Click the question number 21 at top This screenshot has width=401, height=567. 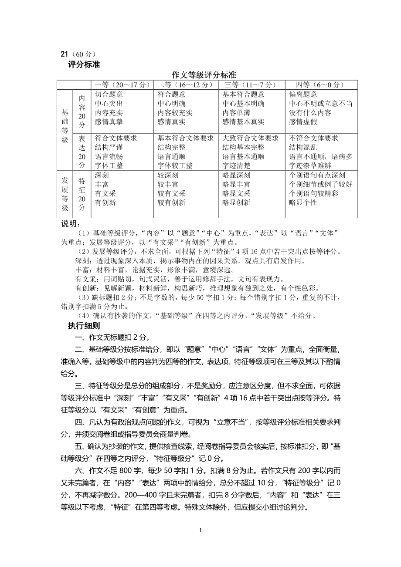point(64,54)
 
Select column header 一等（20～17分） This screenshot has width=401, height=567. point(122,84)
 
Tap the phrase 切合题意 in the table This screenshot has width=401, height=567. point(109,94)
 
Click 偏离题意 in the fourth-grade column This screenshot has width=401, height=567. point(303,94)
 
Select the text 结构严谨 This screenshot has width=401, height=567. point(109,147)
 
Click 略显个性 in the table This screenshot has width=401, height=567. point(303,202)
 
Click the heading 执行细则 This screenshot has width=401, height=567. point(84,326)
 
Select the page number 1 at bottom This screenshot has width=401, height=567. point(200,530)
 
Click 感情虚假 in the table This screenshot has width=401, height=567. point(303,122)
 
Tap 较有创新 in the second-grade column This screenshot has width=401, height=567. point(171,202)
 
